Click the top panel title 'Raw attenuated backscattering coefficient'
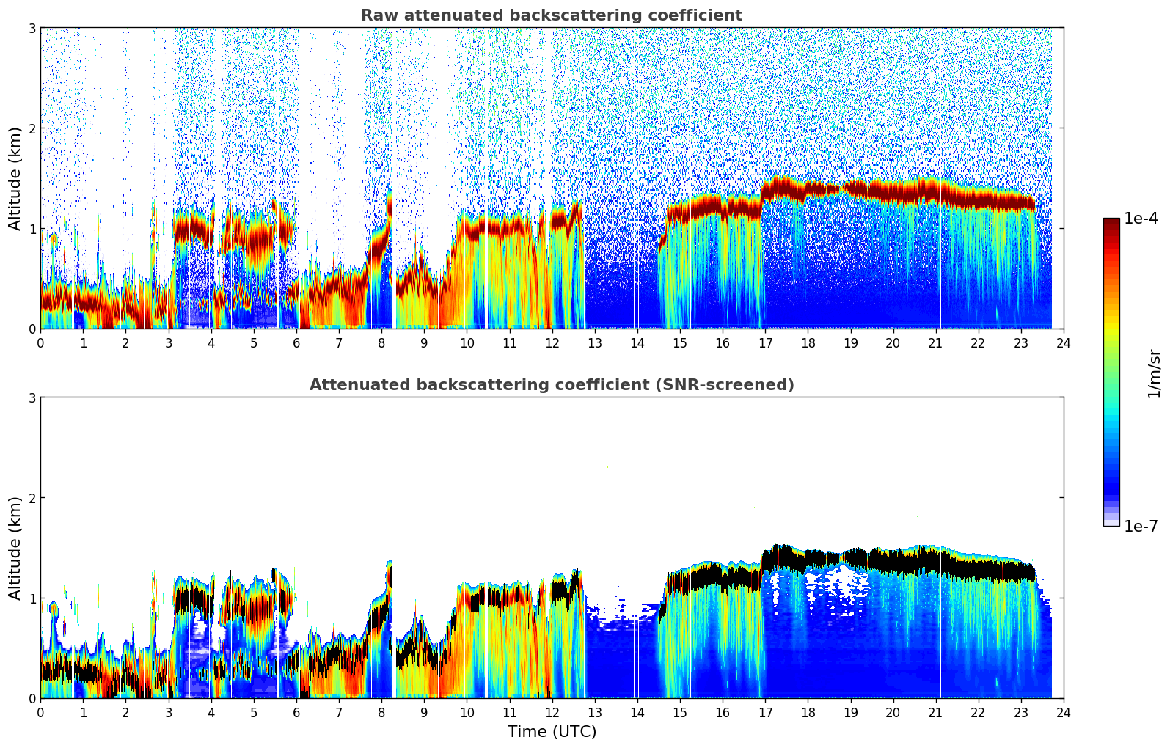click(x=551, y=15)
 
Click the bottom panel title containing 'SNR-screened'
click(x=551, y=385)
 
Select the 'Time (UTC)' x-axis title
click(x=552, y=732)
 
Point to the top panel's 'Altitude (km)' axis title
click(x=15, y=178)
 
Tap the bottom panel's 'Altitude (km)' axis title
click(x=15, y=548)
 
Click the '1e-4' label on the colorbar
click(x=1141, y=219)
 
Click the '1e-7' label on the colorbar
click(x=1141, y=526)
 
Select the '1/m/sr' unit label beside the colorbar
click(x=1155, y=373)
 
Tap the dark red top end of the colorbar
click(x=1111, y=222)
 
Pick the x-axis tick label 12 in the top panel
click(x=552, y=342)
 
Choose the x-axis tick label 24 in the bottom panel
click(x=1063, y=712)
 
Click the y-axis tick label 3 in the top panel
click(x=32, y=28)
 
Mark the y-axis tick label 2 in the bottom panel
click(x=32, y=498)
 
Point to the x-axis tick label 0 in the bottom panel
click(x=40, y=712)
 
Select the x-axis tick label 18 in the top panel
click(x=808, y=342)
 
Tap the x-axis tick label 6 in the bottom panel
click(x=296, y=712)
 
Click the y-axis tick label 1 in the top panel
click(x=32, y=229)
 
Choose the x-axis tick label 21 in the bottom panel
click(x=935, y=712)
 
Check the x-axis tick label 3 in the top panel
click(x=168, y=342)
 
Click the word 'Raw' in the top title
click(x=376, y=15)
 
